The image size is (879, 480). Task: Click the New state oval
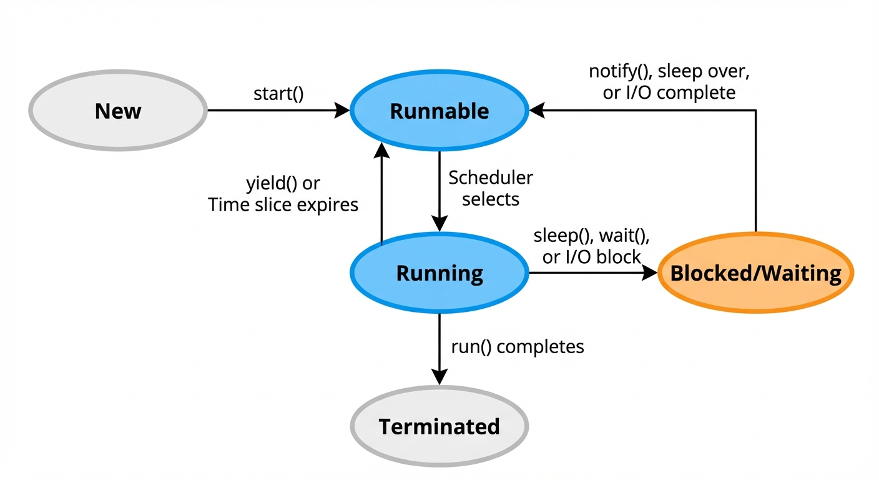[118, 111]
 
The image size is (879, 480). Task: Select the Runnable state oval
[439, 111]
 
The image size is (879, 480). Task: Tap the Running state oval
[439, 273]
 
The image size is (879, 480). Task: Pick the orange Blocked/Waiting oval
[755, 273]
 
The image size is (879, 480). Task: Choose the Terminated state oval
[439, 427]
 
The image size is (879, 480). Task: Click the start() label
[278, 94]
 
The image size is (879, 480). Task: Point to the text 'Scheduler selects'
[491, 188]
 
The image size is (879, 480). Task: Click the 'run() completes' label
[518, 346]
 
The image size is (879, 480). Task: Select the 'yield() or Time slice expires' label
[283, 194]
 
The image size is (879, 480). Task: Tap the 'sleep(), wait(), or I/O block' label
[592, 246]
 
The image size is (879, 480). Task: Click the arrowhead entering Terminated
[439, 377]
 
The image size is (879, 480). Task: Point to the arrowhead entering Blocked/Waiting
[650, 273]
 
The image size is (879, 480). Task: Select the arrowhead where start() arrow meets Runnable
[343, 111]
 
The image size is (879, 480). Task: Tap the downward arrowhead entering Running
[439, 224]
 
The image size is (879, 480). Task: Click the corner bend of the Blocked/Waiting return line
[755, 111]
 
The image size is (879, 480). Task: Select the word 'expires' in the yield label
[328, 204]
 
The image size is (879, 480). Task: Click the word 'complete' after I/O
[698, 92]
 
